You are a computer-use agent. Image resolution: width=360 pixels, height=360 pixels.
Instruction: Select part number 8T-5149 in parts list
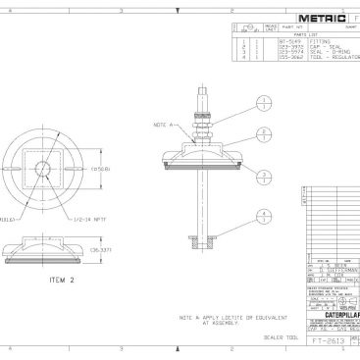(289, 40)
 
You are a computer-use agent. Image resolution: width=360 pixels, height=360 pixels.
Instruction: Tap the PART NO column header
(290, 27)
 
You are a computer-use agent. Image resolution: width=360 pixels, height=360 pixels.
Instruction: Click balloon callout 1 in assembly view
(263, 102)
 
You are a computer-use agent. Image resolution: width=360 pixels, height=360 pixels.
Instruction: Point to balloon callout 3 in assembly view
(263, 174)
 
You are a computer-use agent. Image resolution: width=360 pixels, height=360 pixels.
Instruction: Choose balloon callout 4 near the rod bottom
(263, 215)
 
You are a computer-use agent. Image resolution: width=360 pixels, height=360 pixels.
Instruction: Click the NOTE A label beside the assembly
(162, 125)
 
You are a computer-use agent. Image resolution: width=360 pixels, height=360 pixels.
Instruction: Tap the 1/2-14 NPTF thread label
(86, 217)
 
